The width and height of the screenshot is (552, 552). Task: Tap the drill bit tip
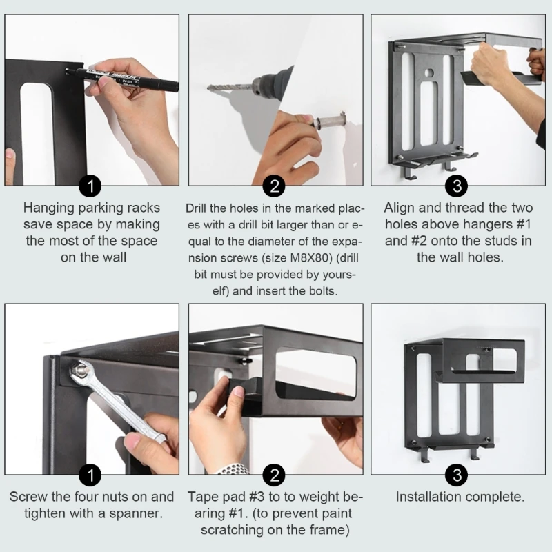pyautogui.click(x=208, y=88)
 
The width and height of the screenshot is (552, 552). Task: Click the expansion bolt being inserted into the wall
pyautogui.click(x=330, y=120)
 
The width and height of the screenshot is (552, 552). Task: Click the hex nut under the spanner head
pyautogui.click(x=81, y=370)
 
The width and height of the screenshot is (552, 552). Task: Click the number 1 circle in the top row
pyautogui.click(x=90, y=186)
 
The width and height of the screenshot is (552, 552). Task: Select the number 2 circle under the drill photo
pyautogui.click(x=274, y=186)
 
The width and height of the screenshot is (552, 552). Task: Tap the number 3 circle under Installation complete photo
pyautogui.click(x=457, y=475)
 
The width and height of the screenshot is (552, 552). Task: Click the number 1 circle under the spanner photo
pyautogui.click(x=90, y=475)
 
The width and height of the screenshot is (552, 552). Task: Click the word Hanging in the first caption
pyautogui.click(x=49, y=208)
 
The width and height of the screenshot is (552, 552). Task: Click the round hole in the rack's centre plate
pyautogui.click(x=428, y=73)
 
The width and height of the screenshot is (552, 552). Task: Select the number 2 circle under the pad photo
pyautogui.click(x=274, y=475)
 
